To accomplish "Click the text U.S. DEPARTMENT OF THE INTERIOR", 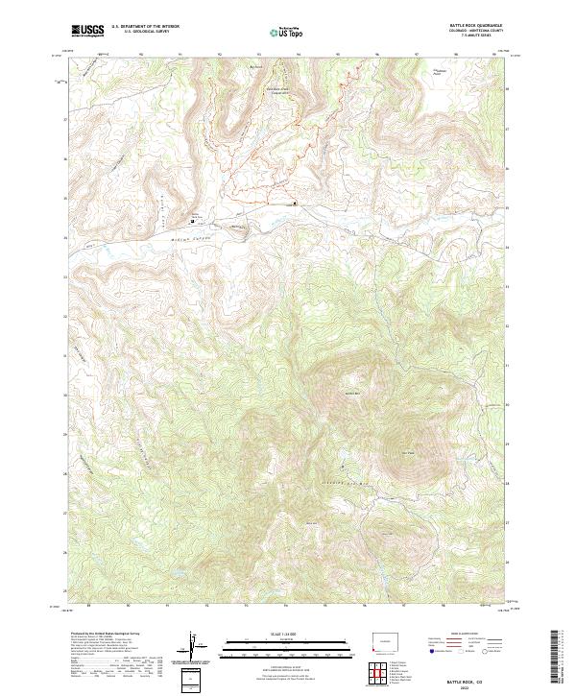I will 145,28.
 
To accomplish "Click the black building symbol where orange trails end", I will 295,204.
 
